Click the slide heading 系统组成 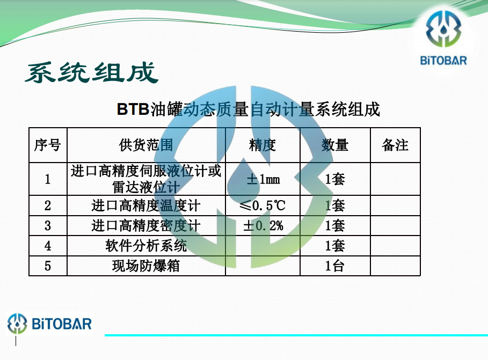pos(92,72)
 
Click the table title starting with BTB pos(249,109)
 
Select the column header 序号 pos(47,145)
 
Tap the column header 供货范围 pos(146,145)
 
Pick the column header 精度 pos(263,145)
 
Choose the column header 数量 pos(335,145)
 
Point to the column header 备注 pos(395,145)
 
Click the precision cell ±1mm pos(263,179)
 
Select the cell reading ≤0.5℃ pos(263,205)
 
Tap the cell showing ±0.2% pos(263,225)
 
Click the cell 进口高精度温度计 pos(146,205)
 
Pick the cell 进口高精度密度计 pos(146,225)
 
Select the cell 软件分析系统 pos(146,246)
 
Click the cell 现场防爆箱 pos(146,266)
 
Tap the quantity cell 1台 pos(335,266)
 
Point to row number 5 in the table pos(48,266)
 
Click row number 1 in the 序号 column pos(48,179)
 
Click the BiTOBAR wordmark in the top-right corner pos(443,61)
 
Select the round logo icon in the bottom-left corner pos(17,324)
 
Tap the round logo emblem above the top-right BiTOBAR pos(443,28)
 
